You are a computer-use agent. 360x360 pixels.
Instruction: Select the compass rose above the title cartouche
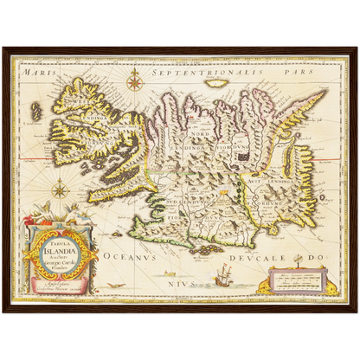point(60,190)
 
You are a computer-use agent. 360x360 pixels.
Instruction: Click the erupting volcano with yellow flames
point(227,185)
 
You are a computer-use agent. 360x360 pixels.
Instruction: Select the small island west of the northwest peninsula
point(36,112)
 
